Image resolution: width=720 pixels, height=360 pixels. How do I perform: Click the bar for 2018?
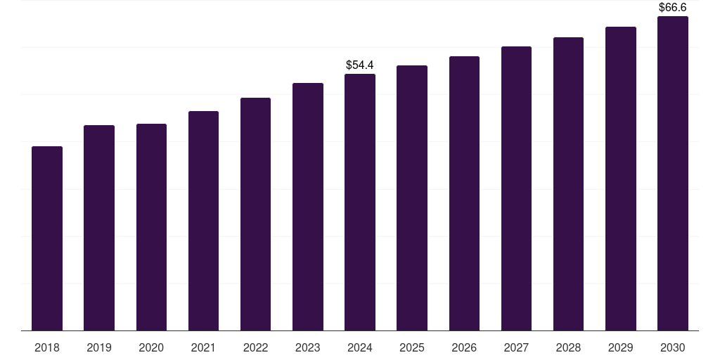(47, 238)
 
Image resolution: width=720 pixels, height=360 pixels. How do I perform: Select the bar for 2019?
(99, 228)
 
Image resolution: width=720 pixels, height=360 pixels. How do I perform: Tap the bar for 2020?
(151, 227)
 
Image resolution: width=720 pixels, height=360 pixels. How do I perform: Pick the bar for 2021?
(203, 221)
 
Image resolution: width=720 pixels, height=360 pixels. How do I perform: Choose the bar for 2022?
(255, 214)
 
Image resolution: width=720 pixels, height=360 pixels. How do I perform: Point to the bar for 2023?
(308, 207)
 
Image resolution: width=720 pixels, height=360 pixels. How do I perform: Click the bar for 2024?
(360, 202)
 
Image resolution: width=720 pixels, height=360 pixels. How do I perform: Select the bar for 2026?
(464, 193)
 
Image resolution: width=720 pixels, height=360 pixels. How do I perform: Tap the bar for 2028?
(568, 184)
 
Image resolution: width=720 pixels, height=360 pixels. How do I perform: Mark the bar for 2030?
(672, 174)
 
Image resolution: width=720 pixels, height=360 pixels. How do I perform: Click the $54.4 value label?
(360, 65)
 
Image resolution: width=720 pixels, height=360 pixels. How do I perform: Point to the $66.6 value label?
(672, 8)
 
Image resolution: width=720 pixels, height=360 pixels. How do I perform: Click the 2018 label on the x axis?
(47, 347)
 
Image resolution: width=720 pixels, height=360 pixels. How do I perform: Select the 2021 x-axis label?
(203, 347)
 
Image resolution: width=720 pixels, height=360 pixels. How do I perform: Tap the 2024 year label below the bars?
(360, 347)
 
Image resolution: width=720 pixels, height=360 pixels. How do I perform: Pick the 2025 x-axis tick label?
(412, 347)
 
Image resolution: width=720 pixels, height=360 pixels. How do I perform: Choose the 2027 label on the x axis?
(516, 347)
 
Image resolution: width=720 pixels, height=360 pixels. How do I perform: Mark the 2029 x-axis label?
(620, 347)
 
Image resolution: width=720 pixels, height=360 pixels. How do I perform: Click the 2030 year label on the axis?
(672, 347)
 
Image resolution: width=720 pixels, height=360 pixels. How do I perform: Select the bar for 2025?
(412, 198)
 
